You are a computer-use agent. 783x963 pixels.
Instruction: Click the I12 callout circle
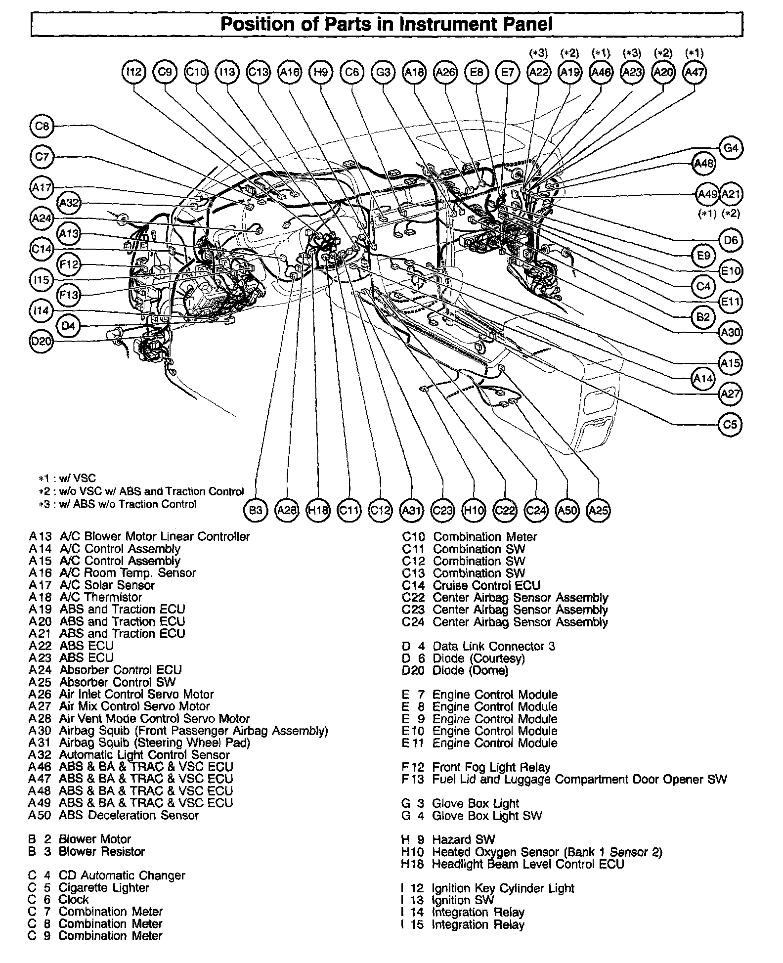coord(134,72)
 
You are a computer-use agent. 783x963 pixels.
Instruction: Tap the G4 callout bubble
coord(731,148)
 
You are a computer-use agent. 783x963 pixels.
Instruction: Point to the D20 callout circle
coord(41,342)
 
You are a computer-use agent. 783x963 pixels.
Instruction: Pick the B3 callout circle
coord(256,510)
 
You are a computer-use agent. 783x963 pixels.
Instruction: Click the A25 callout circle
coord(598,510)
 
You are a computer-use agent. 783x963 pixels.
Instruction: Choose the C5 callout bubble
coord(730,424)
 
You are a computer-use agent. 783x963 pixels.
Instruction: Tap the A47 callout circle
coord(694,72)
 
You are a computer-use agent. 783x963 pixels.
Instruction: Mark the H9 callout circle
coord(321,72)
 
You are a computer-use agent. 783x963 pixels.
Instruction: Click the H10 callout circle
coord(474,510)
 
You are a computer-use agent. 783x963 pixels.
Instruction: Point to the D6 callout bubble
coord(731,240)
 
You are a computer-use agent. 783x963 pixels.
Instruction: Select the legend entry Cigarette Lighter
coord(103,887)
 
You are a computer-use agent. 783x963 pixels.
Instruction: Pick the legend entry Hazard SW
coord(463,839)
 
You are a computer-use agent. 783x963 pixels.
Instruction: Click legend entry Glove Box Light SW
coord(487,815)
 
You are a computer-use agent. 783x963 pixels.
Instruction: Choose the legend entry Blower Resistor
coord(101,851)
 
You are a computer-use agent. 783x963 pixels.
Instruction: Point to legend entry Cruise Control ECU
coord(486,585)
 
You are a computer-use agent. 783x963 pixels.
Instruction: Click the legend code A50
coord(40,815)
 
